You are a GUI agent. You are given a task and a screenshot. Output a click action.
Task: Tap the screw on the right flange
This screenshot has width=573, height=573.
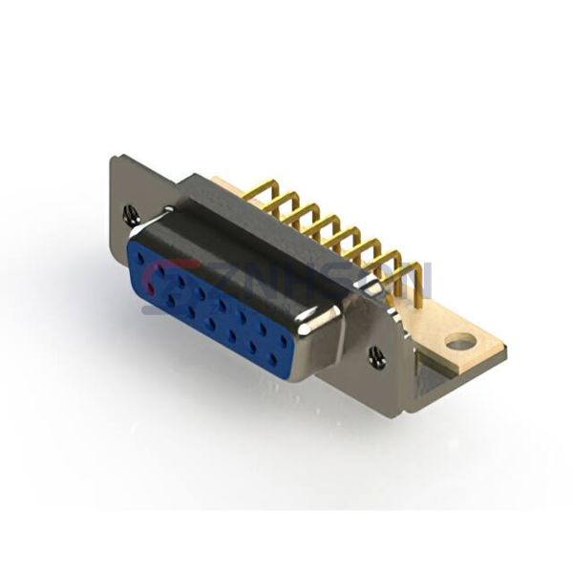click(x=377, y=359)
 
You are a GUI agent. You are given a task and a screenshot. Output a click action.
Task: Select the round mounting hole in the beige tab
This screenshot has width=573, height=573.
click(x=460, y=342)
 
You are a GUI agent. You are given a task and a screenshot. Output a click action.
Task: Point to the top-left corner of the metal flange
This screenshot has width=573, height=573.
click(x=113, y=158)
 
